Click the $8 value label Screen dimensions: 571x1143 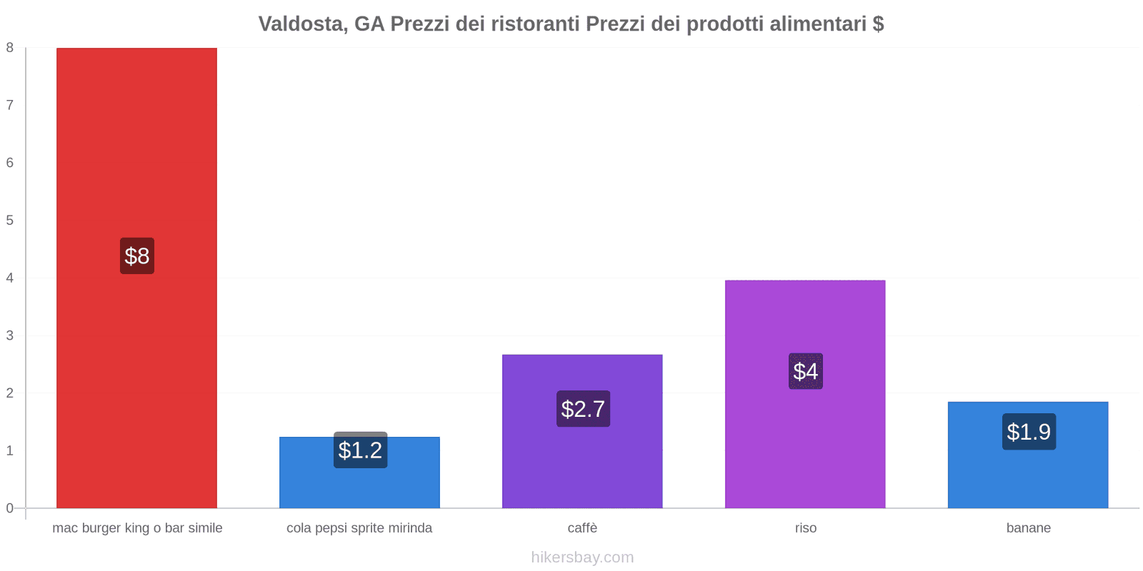[x=137, y=256]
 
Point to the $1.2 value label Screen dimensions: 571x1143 [x=360, y=450]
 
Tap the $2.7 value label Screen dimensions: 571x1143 [x=583, y=409]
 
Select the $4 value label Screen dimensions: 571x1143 [x=806, y=371]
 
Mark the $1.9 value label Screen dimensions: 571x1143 [x=1029, y=432]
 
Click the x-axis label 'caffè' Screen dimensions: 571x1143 [x=582, y=528]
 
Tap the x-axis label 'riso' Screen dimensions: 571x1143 [x=806, y=528]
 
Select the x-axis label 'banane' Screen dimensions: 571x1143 [x=1029, y=528]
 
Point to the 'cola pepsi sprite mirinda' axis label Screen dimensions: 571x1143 [x=359, y=528]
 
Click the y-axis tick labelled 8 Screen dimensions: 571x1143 [x=10, y=48]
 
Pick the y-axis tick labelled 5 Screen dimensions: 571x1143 [x=10, y=221]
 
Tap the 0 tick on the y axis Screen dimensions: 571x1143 [x=10, y=508]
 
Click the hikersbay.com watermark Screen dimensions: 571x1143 [x=582, y=557]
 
